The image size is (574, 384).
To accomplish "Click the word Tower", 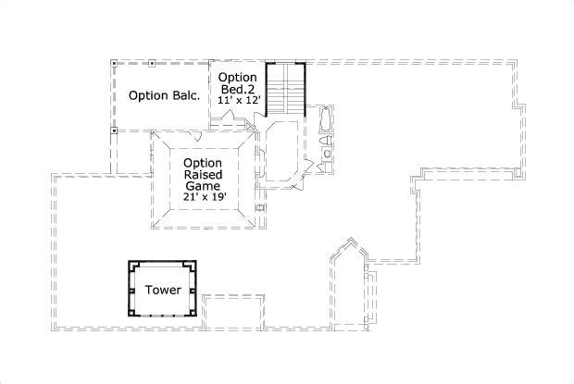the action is point(163,290).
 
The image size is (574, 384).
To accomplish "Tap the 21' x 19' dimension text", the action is point(205,197).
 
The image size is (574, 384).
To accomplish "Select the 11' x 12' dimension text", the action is point(239,100).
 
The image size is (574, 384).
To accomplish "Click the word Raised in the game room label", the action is point(203,174).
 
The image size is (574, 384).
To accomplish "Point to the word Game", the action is point(203,186).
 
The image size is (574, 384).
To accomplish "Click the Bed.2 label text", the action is point(238,89).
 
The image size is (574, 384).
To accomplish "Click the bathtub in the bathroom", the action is point(326,118).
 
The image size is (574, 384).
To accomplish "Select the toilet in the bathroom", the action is point(325,141).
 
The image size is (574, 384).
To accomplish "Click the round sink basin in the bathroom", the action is point(327,154).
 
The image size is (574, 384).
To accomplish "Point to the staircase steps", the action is point(285,89).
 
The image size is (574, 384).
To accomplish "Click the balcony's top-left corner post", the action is point(114,64).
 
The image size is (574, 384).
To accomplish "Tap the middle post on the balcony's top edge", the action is point(152,64).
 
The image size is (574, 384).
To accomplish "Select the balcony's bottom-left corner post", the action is point(114,130).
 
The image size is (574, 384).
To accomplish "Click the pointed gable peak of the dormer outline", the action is point(352,238).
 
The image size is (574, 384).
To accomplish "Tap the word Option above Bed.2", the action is point(238,77).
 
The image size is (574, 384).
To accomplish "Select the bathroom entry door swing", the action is point(307,167).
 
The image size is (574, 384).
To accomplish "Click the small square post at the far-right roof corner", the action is point(517,172).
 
